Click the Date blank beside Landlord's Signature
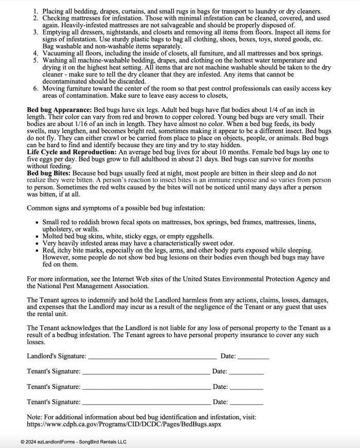(253, 356)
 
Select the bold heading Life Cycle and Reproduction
(71, 153)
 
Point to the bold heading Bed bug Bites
(50, 174)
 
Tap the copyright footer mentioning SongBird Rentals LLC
(73, 442)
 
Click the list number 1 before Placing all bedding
(35, 11)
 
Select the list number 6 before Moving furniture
(35, 88)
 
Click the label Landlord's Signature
(57, 356)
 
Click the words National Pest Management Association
(96, 286)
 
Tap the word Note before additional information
(35, 417)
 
